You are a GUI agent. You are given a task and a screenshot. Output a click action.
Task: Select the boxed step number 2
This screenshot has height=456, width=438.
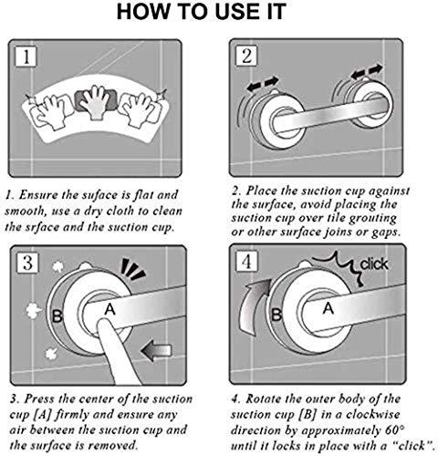pos(245,57)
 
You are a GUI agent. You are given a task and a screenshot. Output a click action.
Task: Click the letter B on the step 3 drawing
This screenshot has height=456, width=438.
pos(57,317)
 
